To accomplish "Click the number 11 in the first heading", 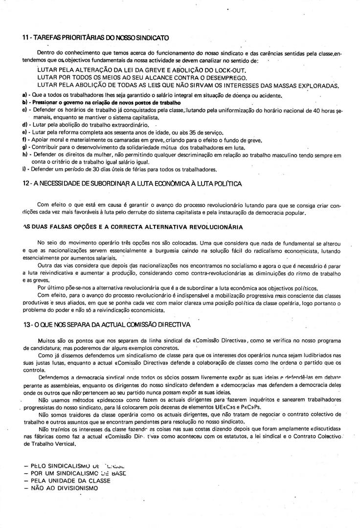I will tap(25, 37).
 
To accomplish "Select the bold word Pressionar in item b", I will tap(45, 103).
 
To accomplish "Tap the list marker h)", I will tap(24, 154).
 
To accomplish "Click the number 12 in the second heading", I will tap(26, 183).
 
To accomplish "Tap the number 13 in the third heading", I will tap(26, 324).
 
